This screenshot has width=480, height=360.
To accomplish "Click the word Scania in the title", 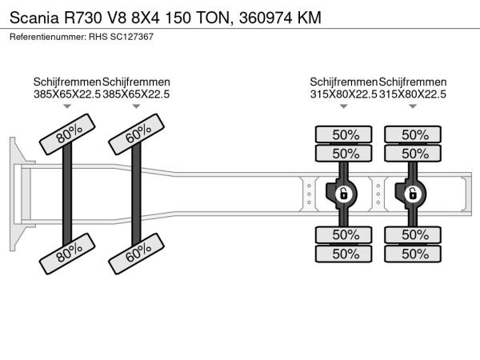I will [x=33, y=18].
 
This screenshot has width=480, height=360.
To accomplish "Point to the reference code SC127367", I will [x=132, y=37].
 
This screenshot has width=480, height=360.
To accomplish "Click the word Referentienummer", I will [x=44, y=37].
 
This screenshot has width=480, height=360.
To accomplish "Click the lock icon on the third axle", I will [x=343, y=193].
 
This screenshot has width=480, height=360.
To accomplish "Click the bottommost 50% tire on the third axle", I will [x=346, y=254].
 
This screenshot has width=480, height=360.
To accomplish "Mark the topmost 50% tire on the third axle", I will [x=346, y=134].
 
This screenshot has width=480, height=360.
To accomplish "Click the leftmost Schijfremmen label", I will [x=67, y=82].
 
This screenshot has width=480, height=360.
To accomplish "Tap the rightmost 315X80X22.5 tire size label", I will [x=413, y=94].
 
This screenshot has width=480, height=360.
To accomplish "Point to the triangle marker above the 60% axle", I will [x=136, y=106].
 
